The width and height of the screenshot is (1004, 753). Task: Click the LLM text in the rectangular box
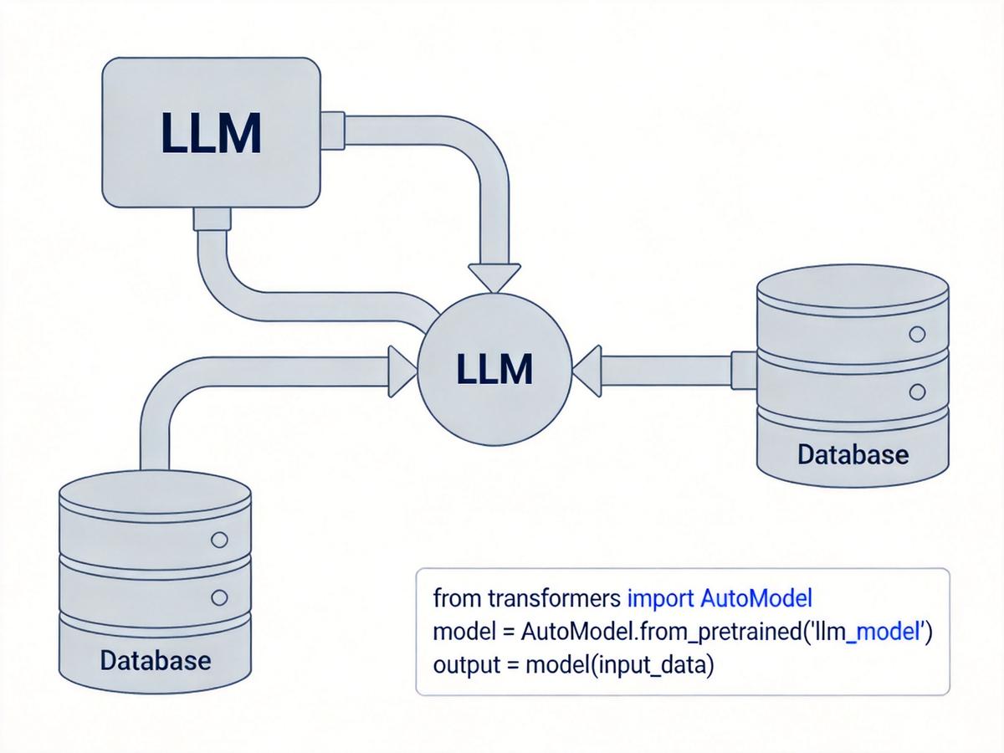point(211,132)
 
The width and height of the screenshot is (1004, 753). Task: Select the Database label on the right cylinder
point(853,454)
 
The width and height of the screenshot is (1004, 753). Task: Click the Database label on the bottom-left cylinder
point(156,661)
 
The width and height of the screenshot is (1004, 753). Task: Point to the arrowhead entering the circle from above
point(494,278)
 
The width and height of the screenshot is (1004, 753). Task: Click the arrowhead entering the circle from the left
point(402,371)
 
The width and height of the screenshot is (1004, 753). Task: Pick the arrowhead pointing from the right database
point(587,371)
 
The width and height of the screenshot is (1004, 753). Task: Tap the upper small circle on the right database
point(917,334)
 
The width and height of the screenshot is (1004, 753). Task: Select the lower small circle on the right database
point(917,392)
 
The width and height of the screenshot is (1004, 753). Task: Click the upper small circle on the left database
point(219,540)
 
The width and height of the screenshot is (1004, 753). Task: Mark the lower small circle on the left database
point(219,597)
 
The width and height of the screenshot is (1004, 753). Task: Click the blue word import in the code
point(660,599)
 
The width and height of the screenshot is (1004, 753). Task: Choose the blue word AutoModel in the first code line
point(756,598)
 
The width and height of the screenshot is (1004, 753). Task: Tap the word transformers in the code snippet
point(555,598)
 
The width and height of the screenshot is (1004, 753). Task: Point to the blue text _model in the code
point(884,633)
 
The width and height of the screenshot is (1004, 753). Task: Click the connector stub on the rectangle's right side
point(332,131)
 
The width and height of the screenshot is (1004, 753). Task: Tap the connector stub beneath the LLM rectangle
point(212,218)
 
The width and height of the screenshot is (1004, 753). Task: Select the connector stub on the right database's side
point(744,371)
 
